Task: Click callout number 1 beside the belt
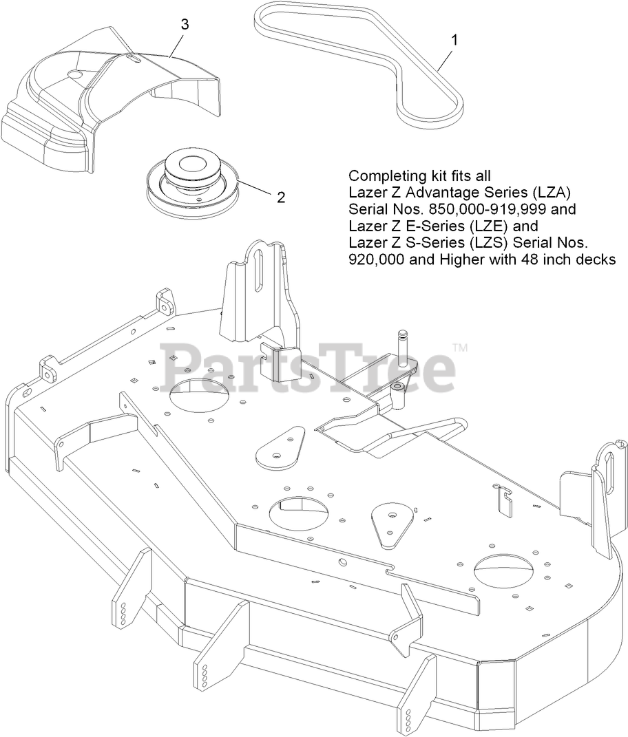(454, 40)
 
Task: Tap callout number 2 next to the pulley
(280, 197)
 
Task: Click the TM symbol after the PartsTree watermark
(461, 348)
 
